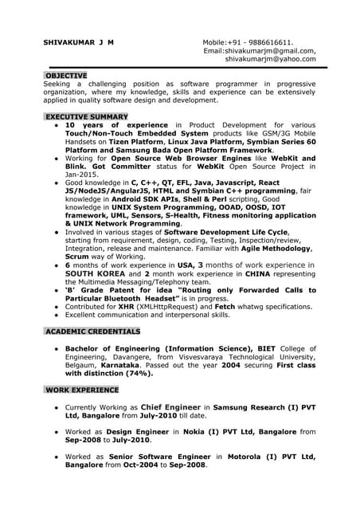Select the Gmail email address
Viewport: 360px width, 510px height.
[272, 50]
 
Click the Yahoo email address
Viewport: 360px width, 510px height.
[270, 59]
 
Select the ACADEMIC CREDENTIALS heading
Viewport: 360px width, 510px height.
[92, 330]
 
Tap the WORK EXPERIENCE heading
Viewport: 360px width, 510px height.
[82, 390]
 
